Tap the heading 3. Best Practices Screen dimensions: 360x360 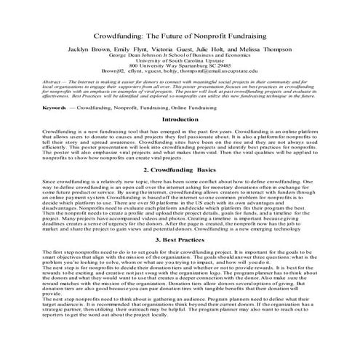(x=180, y=239)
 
